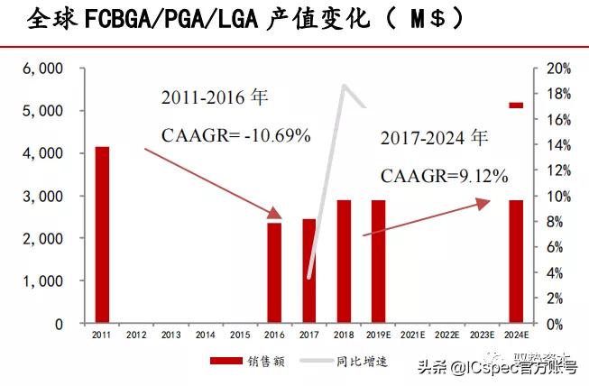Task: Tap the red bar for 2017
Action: click(x=308, y=271)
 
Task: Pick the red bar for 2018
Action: click(x=344, y=262)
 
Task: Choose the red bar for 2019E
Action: click(x=378, y=262)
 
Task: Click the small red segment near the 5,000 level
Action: click(x=516, y=106)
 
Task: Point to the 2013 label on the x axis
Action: click(x=170, y=335)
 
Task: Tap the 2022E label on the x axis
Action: click(x=446, y=335)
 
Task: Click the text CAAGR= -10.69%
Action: click(x=235, y=135)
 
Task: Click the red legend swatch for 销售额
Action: click(x=227, y=361)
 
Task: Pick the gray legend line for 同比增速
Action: click(x=306, y=361)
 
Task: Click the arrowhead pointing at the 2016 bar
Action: click(x=276, y=214)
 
